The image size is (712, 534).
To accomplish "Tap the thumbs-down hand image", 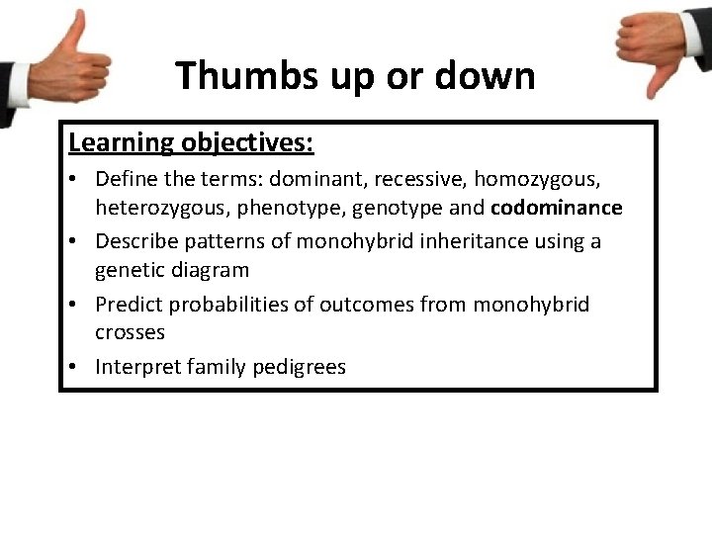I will coord(657,49).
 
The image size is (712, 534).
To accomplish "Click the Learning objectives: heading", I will coord(191,142).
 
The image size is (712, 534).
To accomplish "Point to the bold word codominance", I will coord(557,208).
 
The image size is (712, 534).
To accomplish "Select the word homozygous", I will coord(543,180).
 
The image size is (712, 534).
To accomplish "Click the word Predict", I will coord(129,305).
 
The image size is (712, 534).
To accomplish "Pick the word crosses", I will coord(130,332).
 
